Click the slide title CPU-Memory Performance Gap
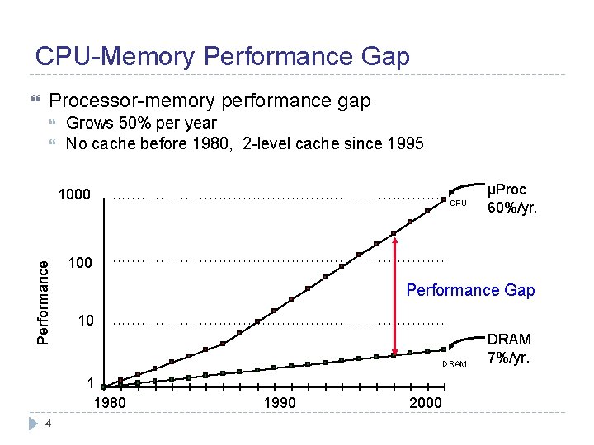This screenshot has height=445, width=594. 222,56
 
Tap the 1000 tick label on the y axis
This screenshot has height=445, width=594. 73,196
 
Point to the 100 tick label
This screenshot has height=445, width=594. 80,263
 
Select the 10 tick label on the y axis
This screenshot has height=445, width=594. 85,320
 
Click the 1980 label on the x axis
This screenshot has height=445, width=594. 110,403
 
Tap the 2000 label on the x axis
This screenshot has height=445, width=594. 426,403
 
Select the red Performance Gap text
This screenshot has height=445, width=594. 470,290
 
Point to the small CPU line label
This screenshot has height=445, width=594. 459,204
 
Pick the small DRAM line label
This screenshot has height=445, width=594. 454,363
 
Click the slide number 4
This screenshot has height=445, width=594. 49,424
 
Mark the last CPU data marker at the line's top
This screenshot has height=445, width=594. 445,199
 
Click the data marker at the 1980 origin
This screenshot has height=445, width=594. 103,386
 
